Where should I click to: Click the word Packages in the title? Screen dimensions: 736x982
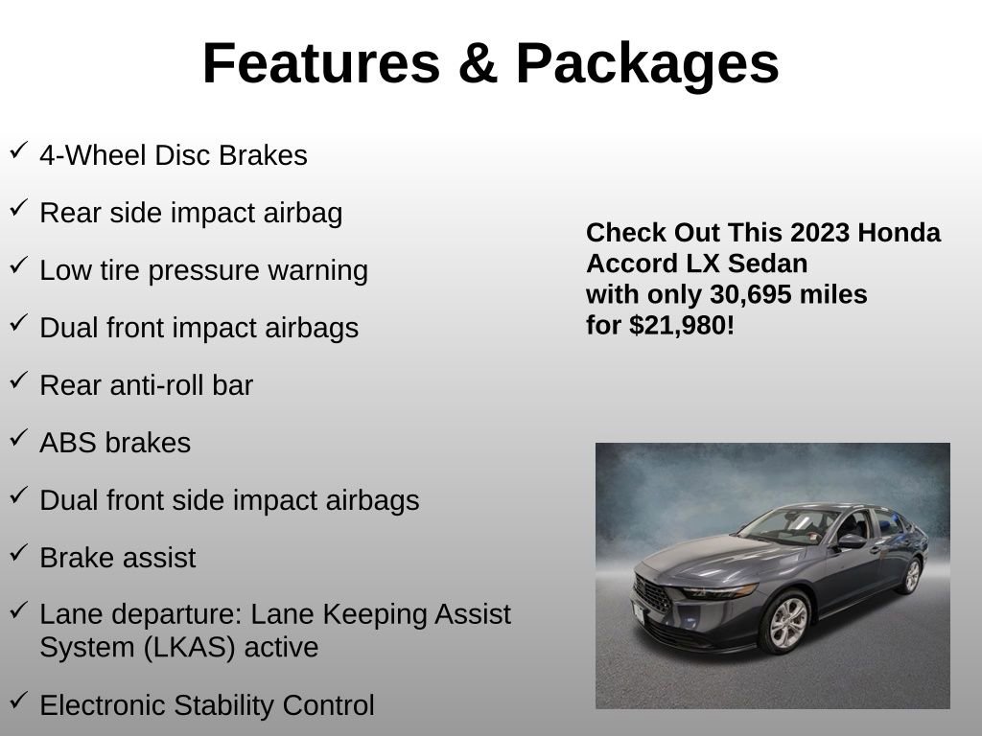click(x=647, y=64)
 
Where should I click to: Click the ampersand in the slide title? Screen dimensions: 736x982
click(x=477, y=64)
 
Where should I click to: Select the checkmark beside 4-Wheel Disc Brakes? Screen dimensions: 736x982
click(x=18, y=150)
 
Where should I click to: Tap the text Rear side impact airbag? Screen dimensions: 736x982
click(x=191, y=213)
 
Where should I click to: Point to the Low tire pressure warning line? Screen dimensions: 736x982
click(x=203, y=270)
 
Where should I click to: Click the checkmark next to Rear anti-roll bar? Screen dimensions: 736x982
click(x=18, y=380)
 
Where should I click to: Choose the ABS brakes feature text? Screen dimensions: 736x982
click(x=115, y=443)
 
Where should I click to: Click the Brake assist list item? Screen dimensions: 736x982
click(x=117, y=558)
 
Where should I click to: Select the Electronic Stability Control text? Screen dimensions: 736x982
click(x=206, y=705)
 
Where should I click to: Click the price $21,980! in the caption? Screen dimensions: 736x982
click(x=682, y=325)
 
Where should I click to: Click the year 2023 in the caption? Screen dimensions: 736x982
click(x=821, y=233)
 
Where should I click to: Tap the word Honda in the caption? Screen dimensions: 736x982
click(x=900, y=233)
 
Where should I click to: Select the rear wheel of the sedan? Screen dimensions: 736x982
click(x=910, y=576)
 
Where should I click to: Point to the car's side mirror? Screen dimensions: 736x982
click(x=851, y=541)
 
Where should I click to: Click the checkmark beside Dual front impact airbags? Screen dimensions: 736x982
click(x=18, y=323)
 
